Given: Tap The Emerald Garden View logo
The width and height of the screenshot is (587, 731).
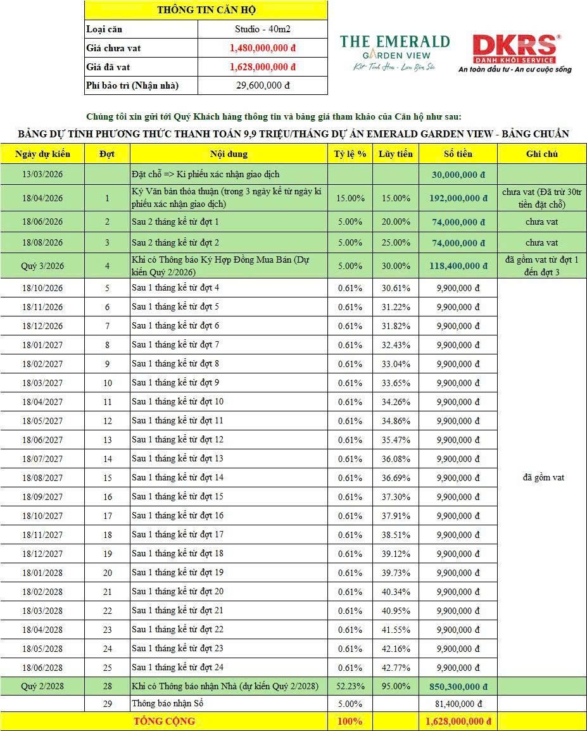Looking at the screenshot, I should [394, 51].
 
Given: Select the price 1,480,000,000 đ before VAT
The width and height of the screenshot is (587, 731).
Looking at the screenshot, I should [263, 47].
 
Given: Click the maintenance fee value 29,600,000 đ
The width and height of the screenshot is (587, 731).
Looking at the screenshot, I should [263, 85].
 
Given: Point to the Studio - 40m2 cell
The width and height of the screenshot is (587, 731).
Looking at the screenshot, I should [263, 29].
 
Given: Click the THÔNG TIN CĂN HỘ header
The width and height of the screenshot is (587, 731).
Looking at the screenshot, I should [206, 10].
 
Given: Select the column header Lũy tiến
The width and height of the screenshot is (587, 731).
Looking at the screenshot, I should [396, 154].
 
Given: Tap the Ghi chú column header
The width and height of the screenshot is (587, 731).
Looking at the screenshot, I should [541, 154].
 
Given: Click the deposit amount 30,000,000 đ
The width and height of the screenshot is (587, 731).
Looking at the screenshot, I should [458, 175].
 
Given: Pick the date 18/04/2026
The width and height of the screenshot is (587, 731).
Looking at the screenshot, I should [42, 198].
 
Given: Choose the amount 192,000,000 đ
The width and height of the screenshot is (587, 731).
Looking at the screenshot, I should [458, 198].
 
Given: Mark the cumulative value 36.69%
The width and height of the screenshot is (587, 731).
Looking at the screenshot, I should [396, 478].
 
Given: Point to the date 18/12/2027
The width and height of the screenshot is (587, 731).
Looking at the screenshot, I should [42, 554].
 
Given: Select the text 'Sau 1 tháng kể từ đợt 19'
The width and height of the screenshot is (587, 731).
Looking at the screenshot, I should [177, 573].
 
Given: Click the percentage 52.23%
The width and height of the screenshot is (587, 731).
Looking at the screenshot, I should [350, 687].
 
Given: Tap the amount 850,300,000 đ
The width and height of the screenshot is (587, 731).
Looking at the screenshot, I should [458, 687].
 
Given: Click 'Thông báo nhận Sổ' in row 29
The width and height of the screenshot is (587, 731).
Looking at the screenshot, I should [167, 704].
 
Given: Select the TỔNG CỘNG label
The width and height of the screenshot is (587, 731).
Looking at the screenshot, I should [164, 722].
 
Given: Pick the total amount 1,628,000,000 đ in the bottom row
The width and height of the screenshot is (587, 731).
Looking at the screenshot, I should [458, 722].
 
